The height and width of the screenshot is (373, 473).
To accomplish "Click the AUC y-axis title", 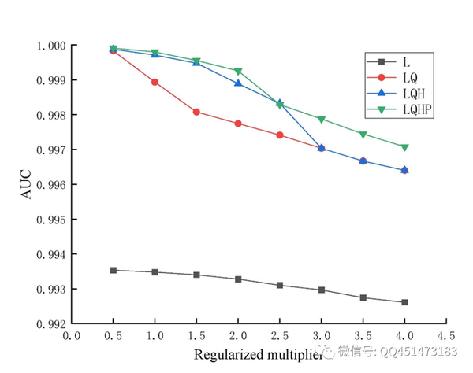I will point(27,184).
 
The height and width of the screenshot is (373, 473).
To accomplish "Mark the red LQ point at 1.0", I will point(155,82).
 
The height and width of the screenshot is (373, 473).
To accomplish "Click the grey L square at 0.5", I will point(114,270).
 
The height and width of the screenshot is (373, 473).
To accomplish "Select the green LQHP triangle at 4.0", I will point(404,147).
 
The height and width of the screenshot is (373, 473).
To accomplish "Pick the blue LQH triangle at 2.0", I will point(238,83).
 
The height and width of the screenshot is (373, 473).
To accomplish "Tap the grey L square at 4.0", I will point(404,302).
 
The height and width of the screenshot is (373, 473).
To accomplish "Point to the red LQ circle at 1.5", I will point(196,112).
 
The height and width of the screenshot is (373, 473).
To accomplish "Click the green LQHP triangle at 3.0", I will point(321,120).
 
